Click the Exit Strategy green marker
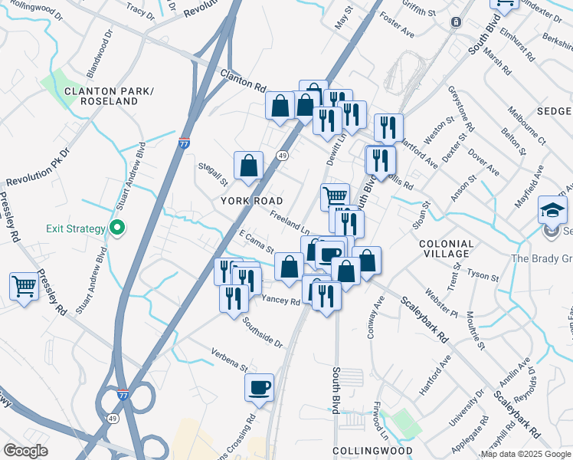116,228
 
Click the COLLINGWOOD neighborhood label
372,451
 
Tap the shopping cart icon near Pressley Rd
25,287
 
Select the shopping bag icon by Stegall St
249,166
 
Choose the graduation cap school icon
553,209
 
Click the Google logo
26,450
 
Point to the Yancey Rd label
281,301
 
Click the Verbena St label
230,360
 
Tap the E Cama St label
257,242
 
